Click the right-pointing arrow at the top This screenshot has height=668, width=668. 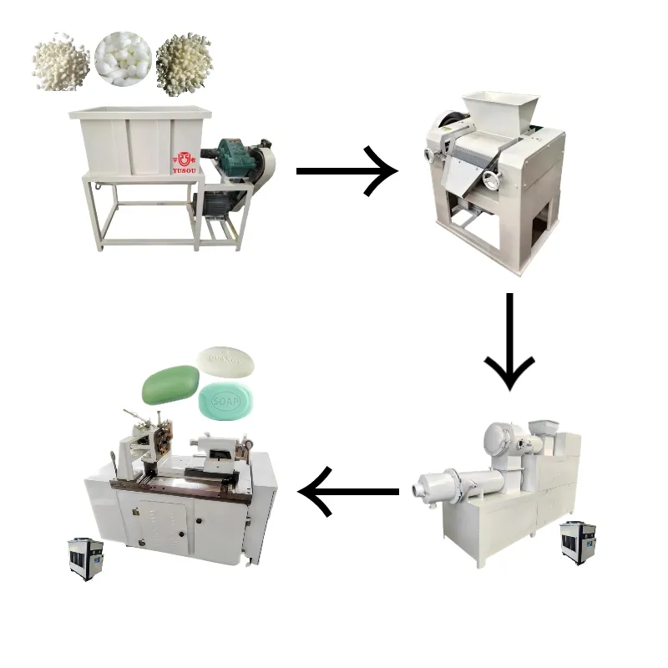346,170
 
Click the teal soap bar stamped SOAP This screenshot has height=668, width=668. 227,402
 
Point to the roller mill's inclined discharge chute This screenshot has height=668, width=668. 463,176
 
